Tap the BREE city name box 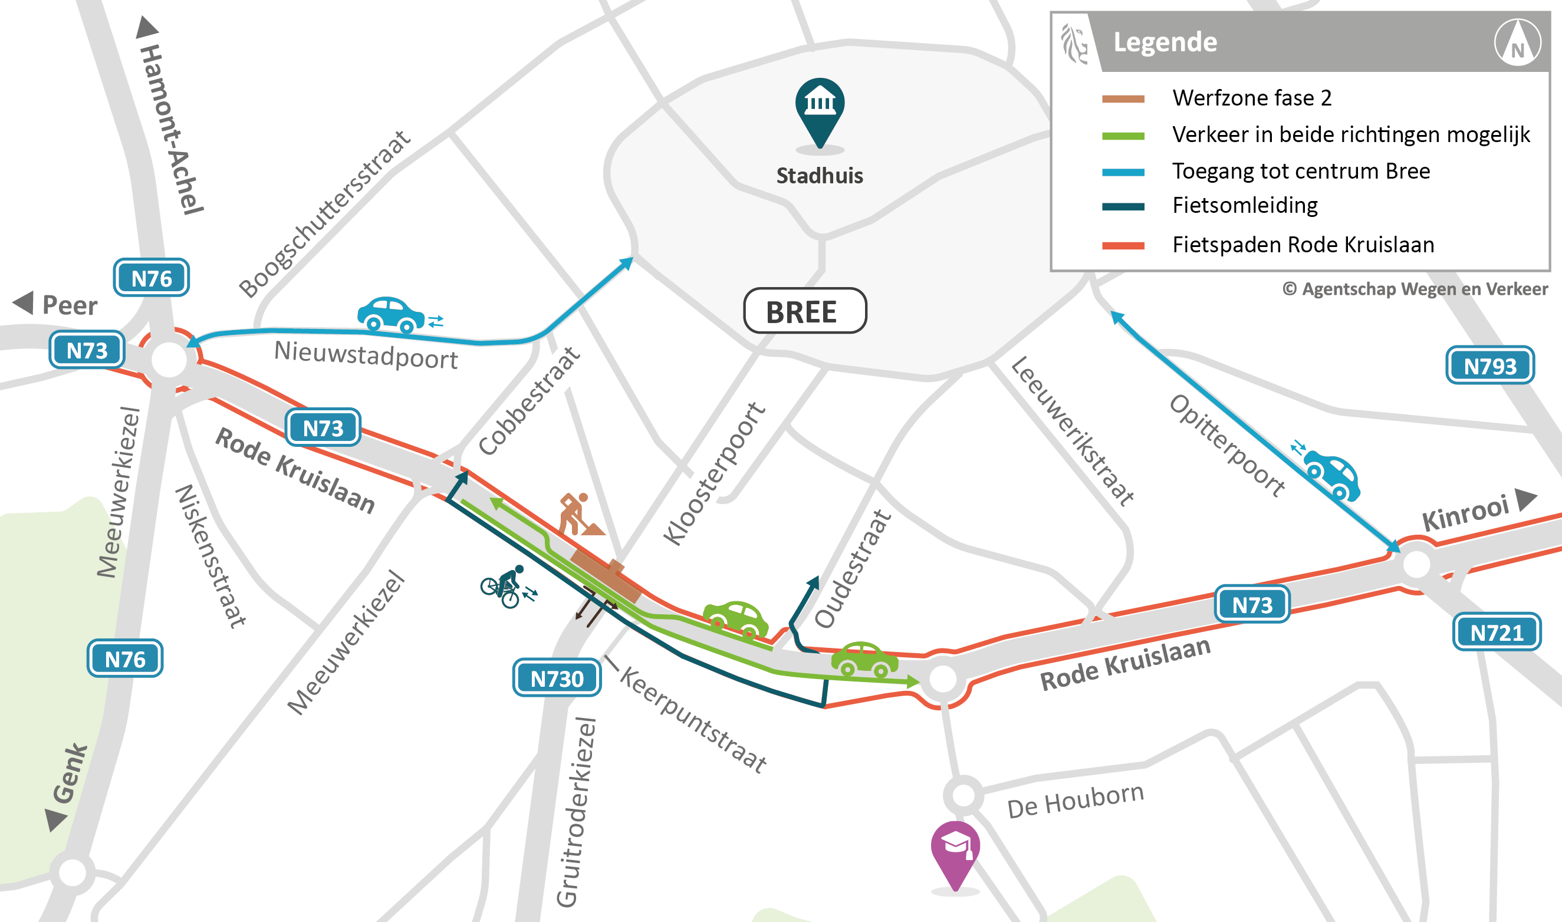click(805, 311)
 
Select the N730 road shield click(557, 678)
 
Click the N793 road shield click(1490, 365)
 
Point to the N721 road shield click(1496, 633)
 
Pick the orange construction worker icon click(578, 515)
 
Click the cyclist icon click(506, 587)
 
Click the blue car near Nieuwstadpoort click(391, 314)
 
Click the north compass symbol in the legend click(1517, 42)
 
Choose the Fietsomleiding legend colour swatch click(1123, 207)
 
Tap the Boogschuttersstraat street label click(324, 215)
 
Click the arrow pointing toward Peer click(24, 303)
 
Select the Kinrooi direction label click(1465, 513)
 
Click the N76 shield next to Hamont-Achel click(151, 278)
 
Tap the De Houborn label click(1075, 802)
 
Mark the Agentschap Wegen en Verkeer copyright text click(1415, 289)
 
